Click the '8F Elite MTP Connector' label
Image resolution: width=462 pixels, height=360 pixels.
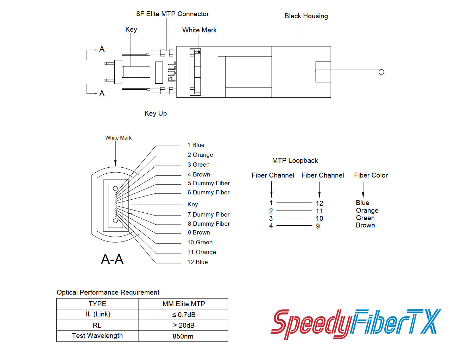pos(172,14)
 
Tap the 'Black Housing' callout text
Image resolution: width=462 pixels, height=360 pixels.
pos(306,16)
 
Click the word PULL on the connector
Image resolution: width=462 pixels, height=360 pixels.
pos(172,72)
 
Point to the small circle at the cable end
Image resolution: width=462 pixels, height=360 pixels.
pos(381,72)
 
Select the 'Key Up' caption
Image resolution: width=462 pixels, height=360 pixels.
pos(156,114)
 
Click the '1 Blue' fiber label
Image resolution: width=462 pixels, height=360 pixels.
pos(196,145)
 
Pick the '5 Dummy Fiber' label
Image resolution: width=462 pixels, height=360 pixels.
pos(209,184)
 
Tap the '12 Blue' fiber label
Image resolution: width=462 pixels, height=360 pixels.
pos(197,262)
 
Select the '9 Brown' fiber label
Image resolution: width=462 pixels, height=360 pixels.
pos(199,233)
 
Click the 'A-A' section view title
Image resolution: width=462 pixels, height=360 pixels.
pos(112,259)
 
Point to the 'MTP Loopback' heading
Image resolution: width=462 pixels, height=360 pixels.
pos(295,161)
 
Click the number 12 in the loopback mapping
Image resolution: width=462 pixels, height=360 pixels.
pos(319,204)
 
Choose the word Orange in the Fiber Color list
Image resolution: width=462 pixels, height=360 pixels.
pos(367,211)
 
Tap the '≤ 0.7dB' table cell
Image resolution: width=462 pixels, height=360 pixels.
pos(183,315)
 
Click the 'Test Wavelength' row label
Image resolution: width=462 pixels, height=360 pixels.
pos(97,336)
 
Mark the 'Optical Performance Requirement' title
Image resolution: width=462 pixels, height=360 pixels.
pos(108,292)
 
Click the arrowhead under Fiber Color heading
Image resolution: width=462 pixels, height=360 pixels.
pos(363,195)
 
